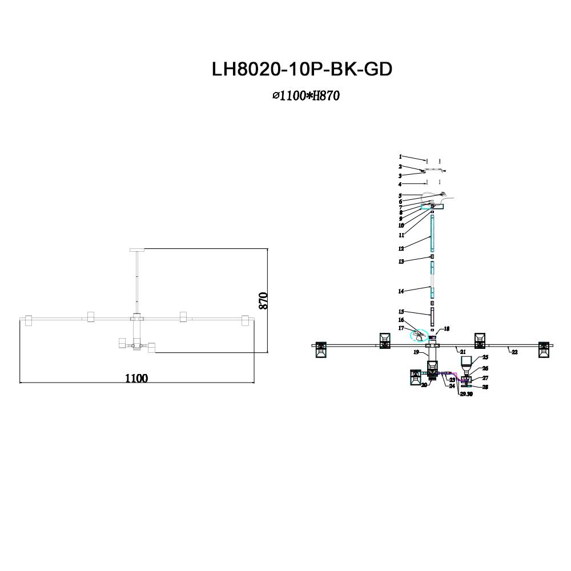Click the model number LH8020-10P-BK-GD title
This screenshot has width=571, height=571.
302,69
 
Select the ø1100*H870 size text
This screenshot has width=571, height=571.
306,96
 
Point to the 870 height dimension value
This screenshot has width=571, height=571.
263,301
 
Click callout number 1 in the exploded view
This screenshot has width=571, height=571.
400,156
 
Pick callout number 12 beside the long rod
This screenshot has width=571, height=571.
401,248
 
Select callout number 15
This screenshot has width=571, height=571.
401,312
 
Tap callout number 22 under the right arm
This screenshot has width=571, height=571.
514,352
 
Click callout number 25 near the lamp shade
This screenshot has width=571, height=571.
485,357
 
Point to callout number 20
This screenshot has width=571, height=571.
424,385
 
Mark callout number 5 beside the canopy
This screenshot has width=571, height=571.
400,196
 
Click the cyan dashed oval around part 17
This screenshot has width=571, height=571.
421,336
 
